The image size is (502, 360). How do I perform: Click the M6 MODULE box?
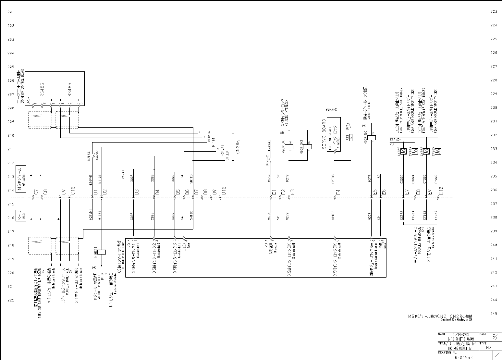click(x=21, y=179)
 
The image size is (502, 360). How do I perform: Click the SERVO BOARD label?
click(x=324, y=134)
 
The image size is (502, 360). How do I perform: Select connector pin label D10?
click(x=224, y=191)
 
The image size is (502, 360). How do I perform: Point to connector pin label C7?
click(x=36, y=192)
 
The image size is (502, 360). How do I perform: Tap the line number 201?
click(x=11, y=12)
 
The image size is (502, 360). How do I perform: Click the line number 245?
click(x=494, y=314)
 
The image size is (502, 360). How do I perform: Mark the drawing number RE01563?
click(x=463, y=357)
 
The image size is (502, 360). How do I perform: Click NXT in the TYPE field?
click(x=490, y=347)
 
